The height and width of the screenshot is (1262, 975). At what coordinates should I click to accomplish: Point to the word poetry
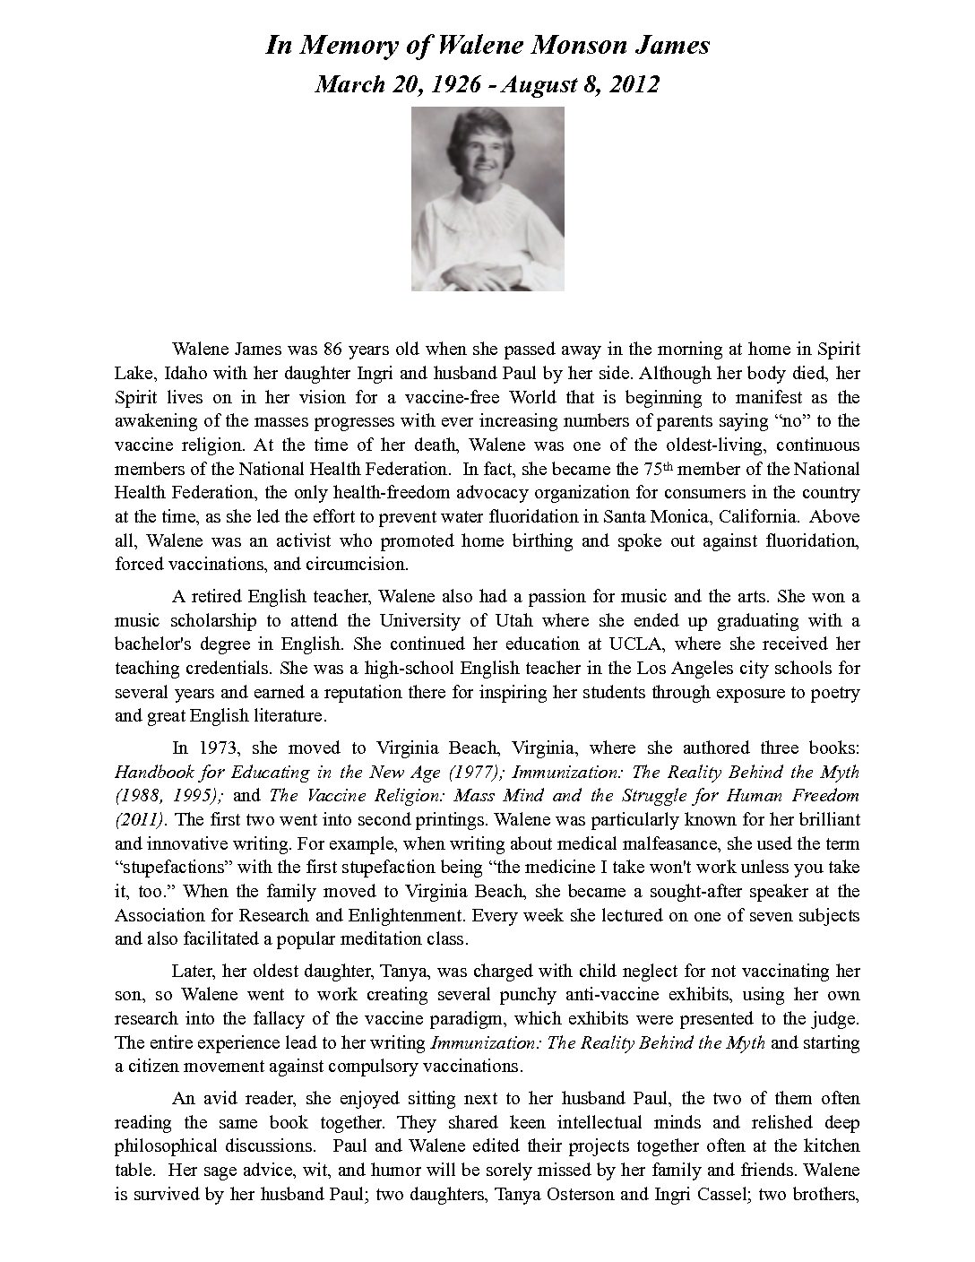(x=834, y=692)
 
